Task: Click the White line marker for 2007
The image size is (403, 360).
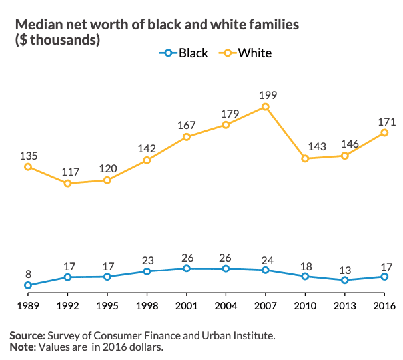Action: tap(266, 106)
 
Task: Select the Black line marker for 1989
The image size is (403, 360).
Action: tap(28, 285)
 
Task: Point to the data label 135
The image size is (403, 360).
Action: tap(28, 156)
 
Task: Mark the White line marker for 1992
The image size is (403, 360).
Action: tap(67, 183)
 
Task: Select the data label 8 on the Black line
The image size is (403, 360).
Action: tap(28, 273)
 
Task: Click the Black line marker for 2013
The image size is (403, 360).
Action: tap(345, 280)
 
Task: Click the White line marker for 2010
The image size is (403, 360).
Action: tap(305, 158)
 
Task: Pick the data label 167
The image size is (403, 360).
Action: tap(187, 125)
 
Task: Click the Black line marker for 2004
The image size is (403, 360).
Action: tap(226, 269)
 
